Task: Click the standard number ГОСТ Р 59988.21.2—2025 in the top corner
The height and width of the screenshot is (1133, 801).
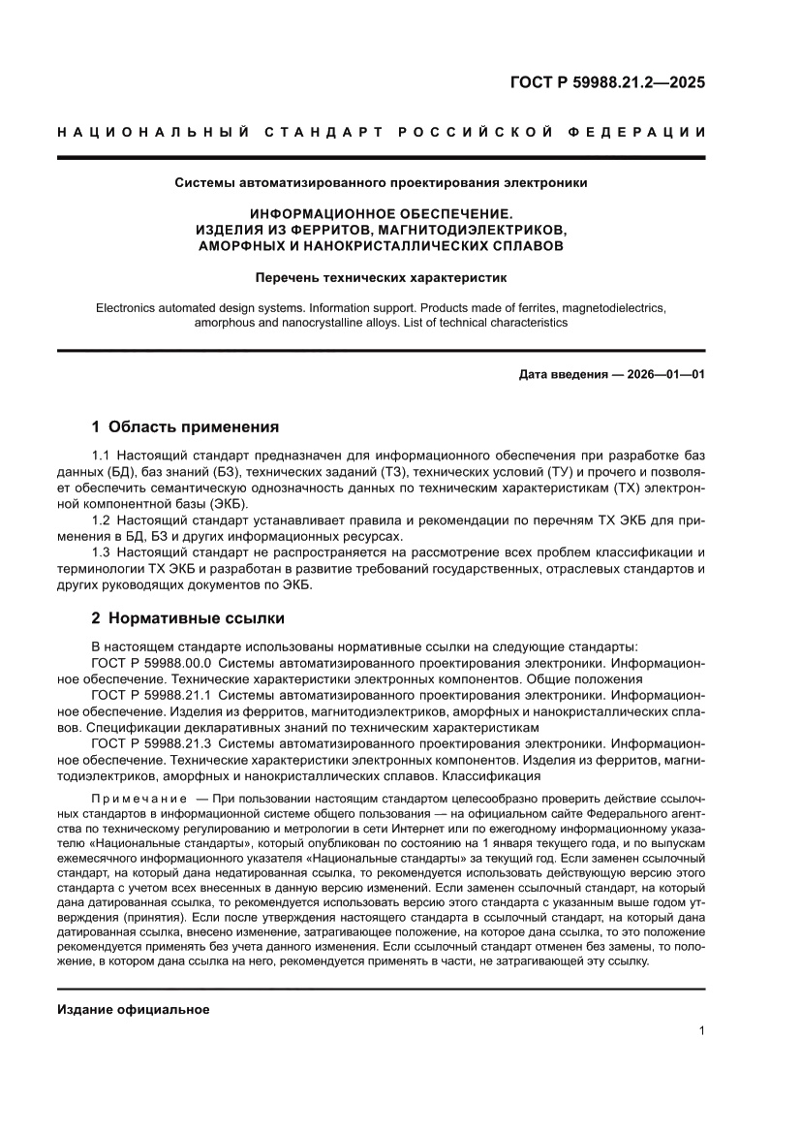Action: point(607,82)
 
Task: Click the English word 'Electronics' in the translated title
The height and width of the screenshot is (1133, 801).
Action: point(129,307)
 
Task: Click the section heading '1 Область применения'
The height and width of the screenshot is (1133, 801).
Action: point(185,425)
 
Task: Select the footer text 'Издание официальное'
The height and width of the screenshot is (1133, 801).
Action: point(134,1010)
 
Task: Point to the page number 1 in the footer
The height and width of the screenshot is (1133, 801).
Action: point(700,1031)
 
